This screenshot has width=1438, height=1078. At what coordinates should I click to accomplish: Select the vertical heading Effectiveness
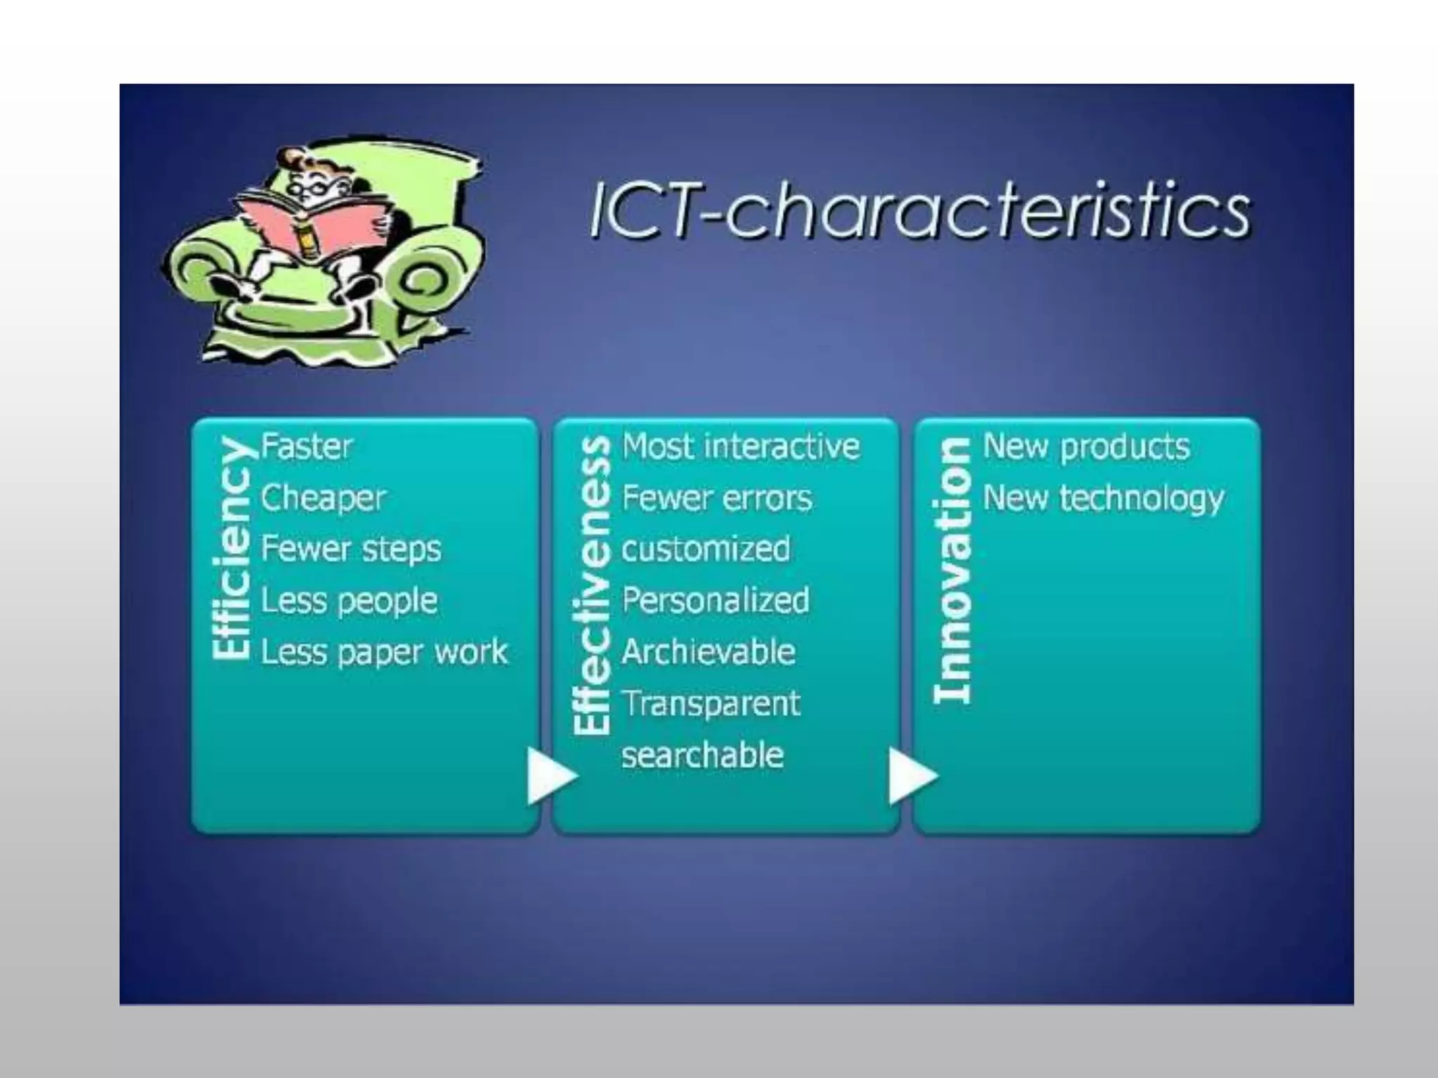591,585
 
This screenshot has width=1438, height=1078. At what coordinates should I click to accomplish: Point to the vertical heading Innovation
953,570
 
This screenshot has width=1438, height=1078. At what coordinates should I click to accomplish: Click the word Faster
307,446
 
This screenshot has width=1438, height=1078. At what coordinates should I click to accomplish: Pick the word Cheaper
323,498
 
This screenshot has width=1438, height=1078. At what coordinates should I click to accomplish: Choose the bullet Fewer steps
351,549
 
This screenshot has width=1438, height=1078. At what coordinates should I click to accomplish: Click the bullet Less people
349,601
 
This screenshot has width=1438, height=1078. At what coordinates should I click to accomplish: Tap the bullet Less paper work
384,652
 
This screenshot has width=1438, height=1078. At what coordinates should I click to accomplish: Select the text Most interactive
741,446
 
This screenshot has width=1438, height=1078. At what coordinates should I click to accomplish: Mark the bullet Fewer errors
717,498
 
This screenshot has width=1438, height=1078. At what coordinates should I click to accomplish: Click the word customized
706,549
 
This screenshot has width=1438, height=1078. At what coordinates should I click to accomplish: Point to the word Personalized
715,601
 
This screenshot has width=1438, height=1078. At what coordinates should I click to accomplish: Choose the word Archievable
708,652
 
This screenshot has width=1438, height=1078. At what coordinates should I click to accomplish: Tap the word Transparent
711,703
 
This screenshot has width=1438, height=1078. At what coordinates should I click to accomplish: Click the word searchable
703,755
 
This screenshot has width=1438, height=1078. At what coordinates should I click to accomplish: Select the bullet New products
1086,446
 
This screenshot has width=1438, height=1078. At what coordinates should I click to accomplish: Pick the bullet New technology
1103,498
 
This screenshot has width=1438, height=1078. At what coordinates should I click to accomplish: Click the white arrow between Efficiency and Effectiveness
550,776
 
